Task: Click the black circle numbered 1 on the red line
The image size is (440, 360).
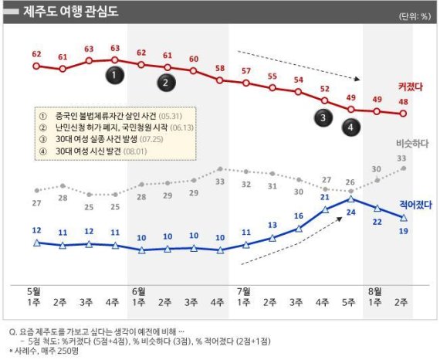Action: (x=114, y=75)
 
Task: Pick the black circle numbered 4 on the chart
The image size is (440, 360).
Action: (x=351, y=127)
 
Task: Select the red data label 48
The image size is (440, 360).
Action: (x=404, y=100)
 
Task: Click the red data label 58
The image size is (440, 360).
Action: (x=220, y=67)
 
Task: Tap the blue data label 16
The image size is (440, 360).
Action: (x=298, y=216)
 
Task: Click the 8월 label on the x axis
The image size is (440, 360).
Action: (x=377, y=290)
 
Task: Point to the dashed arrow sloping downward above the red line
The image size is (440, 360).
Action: (x=296, y=65)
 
